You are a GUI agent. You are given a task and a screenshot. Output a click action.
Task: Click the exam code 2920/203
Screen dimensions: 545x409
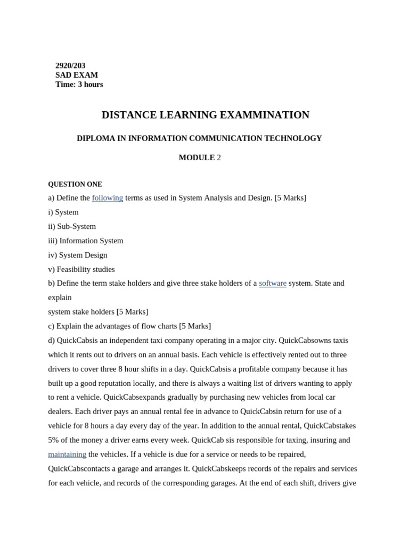(x=70, y=65)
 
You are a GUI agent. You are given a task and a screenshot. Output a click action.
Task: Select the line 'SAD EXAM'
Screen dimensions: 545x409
(x=77, y=75)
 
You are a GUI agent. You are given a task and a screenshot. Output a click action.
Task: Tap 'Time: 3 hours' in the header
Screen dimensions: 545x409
(x=79, y=85)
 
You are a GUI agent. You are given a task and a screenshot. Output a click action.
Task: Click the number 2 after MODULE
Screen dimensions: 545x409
(x=219, y=158)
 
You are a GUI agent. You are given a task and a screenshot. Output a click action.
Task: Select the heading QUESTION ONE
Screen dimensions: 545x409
(x=75, y=184)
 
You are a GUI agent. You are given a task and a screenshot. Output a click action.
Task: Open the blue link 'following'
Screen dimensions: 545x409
(x=108, y=198)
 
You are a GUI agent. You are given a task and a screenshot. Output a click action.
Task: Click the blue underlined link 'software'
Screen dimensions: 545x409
(x=273, y=283)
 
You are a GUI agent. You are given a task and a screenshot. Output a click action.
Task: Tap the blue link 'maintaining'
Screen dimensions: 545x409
(x=67, y=455)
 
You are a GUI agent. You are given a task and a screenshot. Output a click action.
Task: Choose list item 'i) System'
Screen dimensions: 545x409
(x=63, y=212)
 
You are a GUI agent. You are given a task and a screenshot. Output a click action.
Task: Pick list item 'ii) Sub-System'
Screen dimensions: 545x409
(x=72, y=226)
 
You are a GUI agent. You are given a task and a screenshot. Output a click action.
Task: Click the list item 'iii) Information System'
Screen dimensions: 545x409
(x=86, y=241)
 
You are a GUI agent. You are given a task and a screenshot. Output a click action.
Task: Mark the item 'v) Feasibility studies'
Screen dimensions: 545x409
(x=81, y=269)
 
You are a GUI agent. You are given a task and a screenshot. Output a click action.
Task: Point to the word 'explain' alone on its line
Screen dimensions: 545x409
(x=60, y=298)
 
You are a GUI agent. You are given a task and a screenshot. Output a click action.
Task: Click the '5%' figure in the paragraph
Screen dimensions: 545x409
(x=55, y=440)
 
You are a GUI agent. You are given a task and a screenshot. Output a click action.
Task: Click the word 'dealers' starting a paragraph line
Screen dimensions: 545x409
(x=60, y=411)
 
